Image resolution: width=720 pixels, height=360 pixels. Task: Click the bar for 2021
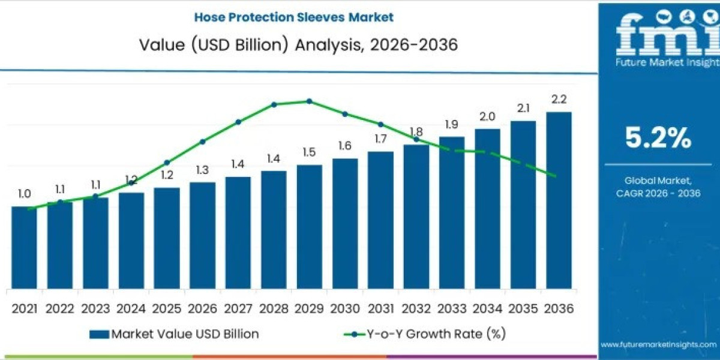(x=24, y=247)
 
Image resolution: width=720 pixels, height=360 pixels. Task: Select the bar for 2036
(x=559, y=200)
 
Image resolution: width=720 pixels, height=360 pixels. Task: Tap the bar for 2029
(x=309, y=226)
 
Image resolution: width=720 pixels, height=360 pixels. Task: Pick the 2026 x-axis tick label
(x=202, y=308)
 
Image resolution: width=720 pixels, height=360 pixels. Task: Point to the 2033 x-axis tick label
(x=451, y=308)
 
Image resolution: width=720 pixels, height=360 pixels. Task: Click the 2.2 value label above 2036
(x=559, y=100)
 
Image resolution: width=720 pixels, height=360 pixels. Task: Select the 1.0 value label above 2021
(x=24, y=194)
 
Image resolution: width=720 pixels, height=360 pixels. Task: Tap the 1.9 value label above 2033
(x=451, y=124)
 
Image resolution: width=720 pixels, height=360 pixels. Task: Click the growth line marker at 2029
(x=309, y=101)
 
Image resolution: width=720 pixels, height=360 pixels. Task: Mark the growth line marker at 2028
(x=274, y=104)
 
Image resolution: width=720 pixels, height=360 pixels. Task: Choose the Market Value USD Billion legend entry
(x=174, y=334)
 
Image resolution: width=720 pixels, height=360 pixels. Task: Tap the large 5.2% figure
(x=658, y=139)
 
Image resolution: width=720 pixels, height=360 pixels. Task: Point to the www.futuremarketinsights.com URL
(x=658, y=344)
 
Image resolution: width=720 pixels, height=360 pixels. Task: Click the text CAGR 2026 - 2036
(x=658, y=193)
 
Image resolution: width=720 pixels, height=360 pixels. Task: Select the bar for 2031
(x=380, y=220)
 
